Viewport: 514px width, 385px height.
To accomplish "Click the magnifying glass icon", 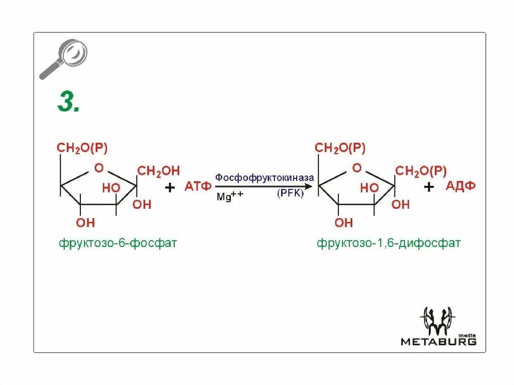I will (64, 59).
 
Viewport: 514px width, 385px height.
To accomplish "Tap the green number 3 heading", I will (69, 103).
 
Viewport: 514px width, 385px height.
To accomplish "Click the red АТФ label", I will (198, 187).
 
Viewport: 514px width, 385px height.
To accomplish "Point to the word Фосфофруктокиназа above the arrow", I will (265, 178).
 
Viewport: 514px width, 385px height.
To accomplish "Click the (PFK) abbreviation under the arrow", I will (290, 194).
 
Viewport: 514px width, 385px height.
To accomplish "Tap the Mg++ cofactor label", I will (229, 197).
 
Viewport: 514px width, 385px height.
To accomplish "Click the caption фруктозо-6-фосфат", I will (117, 243).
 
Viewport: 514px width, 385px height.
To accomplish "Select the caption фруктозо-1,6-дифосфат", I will (388, 243).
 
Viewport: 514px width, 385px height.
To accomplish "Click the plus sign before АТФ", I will (170, 188).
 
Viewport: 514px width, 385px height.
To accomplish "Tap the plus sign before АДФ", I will (428, 188).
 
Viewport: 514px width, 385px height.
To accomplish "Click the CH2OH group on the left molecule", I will (158, 171).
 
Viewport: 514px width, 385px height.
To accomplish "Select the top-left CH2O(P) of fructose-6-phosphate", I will (82, 148).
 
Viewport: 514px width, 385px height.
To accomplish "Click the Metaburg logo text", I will (438, 342).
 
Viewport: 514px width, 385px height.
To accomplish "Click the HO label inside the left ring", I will (111, 188).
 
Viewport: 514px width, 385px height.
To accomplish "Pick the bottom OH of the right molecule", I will (344, 222).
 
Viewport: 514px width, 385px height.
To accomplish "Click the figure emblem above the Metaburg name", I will (439, 320).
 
